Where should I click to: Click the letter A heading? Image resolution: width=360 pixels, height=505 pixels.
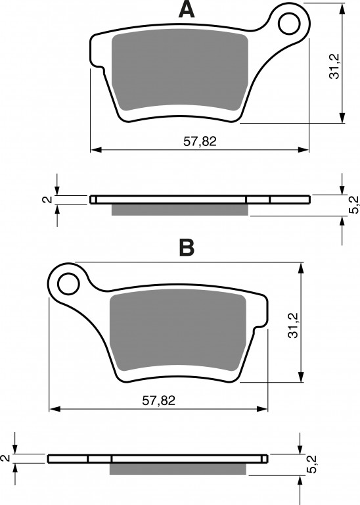187,10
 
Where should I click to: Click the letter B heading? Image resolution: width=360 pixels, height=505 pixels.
187,248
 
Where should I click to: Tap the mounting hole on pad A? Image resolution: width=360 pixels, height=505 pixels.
290,24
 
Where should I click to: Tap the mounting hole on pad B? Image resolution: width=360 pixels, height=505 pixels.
68,283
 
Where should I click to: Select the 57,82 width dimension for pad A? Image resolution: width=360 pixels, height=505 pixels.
200,141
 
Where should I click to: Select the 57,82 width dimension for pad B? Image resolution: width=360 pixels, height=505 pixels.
158,400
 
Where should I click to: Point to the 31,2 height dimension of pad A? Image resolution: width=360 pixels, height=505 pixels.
334,66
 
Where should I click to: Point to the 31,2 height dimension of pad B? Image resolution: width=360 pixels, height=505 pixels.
293,325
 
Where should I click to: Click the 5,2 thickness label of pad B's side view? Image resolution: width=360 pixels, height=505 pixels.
311,464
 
